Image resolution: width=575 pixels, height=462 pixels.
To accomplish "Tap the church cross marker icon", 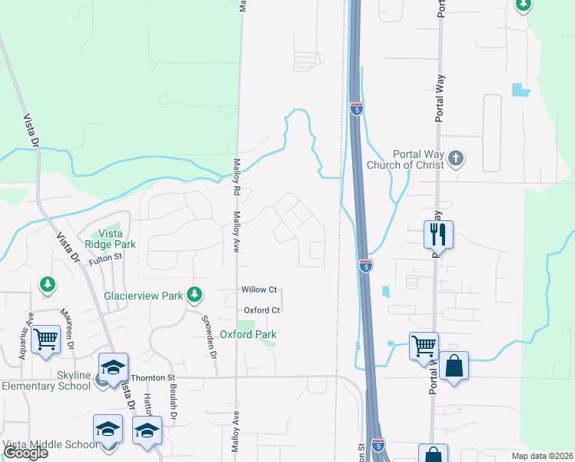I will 456,159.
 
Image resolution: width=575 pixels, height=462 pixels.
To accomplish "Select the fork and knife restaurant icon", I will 438,233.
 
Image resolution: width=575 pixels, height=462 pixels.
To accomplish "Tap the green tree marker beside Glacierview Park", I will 195,293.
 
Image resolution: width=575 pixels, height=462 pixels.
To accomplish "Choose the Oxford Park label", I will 248,334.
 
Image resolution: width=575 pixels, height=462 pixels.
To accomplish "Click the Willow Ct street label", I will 258,290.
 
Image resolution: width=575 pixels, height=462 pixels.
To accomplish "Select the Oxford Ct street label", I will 259,310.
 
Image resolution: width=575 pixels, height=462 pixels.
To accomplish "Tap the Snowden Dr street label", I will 209,336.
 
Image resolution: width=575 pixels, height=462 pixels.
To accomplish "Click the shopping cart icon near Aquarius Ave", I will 47,338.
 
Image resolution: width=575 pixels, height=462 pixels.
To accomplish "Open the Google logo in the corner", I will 25,453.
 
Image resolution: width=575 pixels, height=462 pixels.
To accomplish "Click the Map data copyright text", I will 542,456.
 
